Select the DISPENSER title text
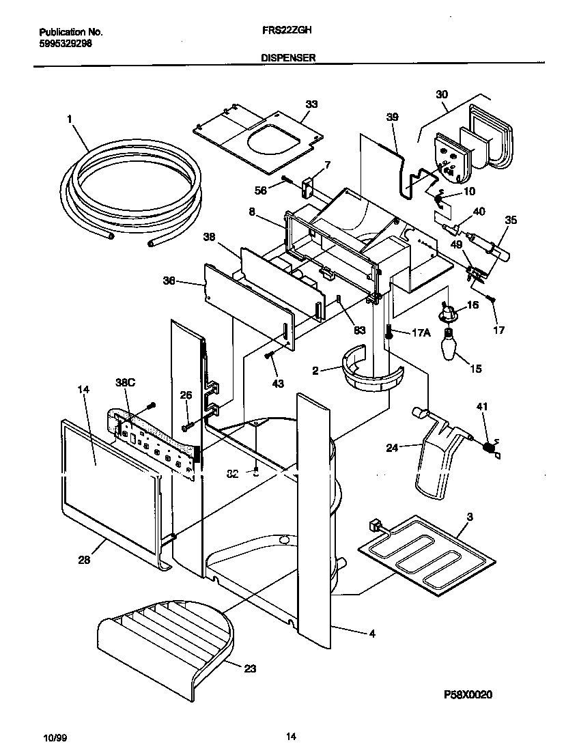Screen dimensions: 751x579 [287, 59]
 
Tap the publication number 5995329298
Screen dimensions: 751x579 [66, 43]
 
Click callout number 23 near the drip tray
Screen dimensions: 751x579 [250, 668]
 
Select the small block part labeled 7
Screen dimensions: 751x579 [307, 185]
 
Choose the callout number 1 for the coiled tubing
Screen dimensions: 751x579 [69, 119]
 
